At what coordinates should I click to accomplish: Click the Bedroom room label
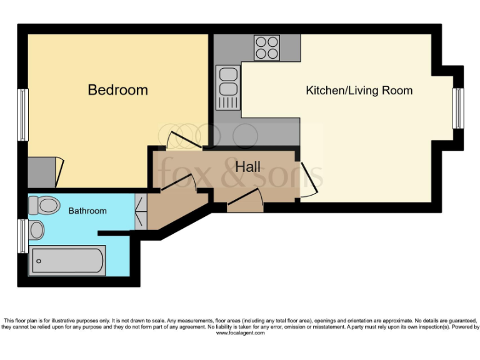pyautogui.click(x=117, y=90)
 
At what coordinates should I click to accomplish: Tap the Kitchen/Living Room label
pyautogui.click(x=359, y=91)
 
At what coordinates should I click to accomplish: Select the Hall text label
pyautogui.click(x=247, y=167)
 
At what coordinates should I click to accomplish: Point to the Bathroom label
pyautogui.click(x=87, y=211)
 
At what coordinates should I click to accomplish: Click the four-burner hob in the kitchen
pyautogui.click(x=267, y=47)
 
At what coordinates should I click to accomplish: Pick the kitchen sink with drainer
pyautogui.click(x=227, y=87)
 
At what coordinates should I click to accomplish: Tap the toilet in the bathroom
pyautogui.click(x=44, y=204)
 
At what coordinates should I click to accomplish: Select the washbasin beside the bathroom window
pyautogui.click(x=36, y=230)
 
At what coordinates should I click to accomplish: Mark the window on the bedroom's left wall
pyautogui.click(x=23, y=114)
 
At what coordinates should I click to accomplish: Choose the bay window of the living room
pyautogui.click(x=459, y=108)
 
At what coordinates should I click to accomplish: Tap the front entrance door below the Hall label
pyautogui.click(x=244, y=200)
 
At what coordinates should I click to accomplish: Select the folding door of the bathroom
pyautogui.click(x=141, y=211)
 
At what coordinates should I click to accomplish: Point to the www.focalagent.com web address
pyautogui.click(x=240, y=333)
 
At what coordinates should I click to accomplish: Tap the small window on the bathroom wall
pyautogui.click(x=23, y=235)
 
